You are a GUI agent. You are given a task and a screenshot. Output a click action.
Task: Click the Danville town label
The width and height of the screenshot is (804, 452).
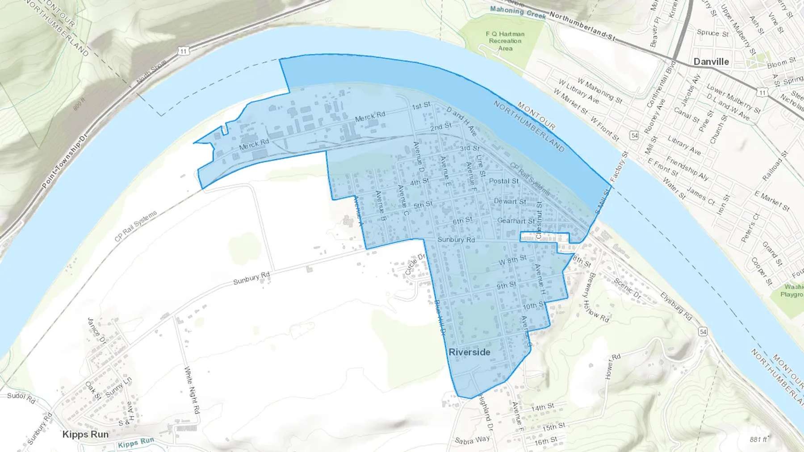[x=711, y=62]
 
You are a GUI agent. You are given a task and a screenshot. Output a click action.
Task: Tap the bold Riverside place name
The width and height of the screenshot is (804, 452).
[x=469, y=352]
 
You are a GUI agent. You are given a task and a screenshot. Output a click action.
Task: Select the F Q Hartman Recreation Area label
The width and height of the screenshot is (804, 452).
[x=505, y=41]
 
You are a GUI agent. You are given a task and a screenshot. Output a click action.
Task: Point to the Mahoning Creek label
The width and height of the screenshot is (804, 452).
[x=518, y=12]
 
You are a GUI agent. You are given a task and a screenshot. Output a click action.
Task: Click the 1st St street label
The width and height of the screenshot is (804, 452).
[x=421, y=106]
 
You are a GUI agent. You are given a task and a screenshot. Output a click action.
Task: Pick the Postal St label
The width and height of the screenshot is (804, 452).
[x=504, y=181]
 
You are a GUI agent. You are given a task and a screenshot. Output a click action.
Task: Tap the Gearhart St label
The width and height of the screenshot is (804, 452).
[x=516, y=220]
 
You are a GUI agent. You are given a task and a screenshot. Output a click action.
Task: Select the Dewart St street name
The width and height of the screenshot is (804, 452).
[x=510, y=201]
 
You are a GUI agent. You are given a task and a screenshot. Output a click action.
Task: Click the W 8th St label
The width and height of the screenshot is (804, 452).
[x=512, y=260]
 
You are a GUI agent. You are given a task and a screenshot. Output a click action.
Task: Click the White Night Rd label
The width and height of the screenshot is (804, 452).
[x=192, y=390]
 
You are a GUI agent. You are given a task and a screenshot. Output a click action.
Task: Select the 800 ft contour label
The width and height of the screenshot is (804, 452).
[x=79, y=105]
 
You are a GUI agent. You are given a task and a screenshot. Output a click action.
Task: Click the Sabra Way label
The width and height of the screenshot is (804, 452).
[x=472, y=440]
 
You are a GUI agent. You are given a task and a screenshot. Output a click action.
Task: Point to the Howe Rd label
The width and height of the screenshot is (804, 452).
[x=613, y=366]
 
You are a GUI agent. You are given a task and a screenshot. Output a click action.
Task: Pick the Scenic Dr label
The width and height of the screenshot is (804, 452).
[x=627, y=288]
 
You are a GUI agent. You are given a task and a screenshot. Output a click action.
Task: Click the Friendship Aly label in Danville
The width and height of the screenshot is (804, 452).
[x=687, y=168]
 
